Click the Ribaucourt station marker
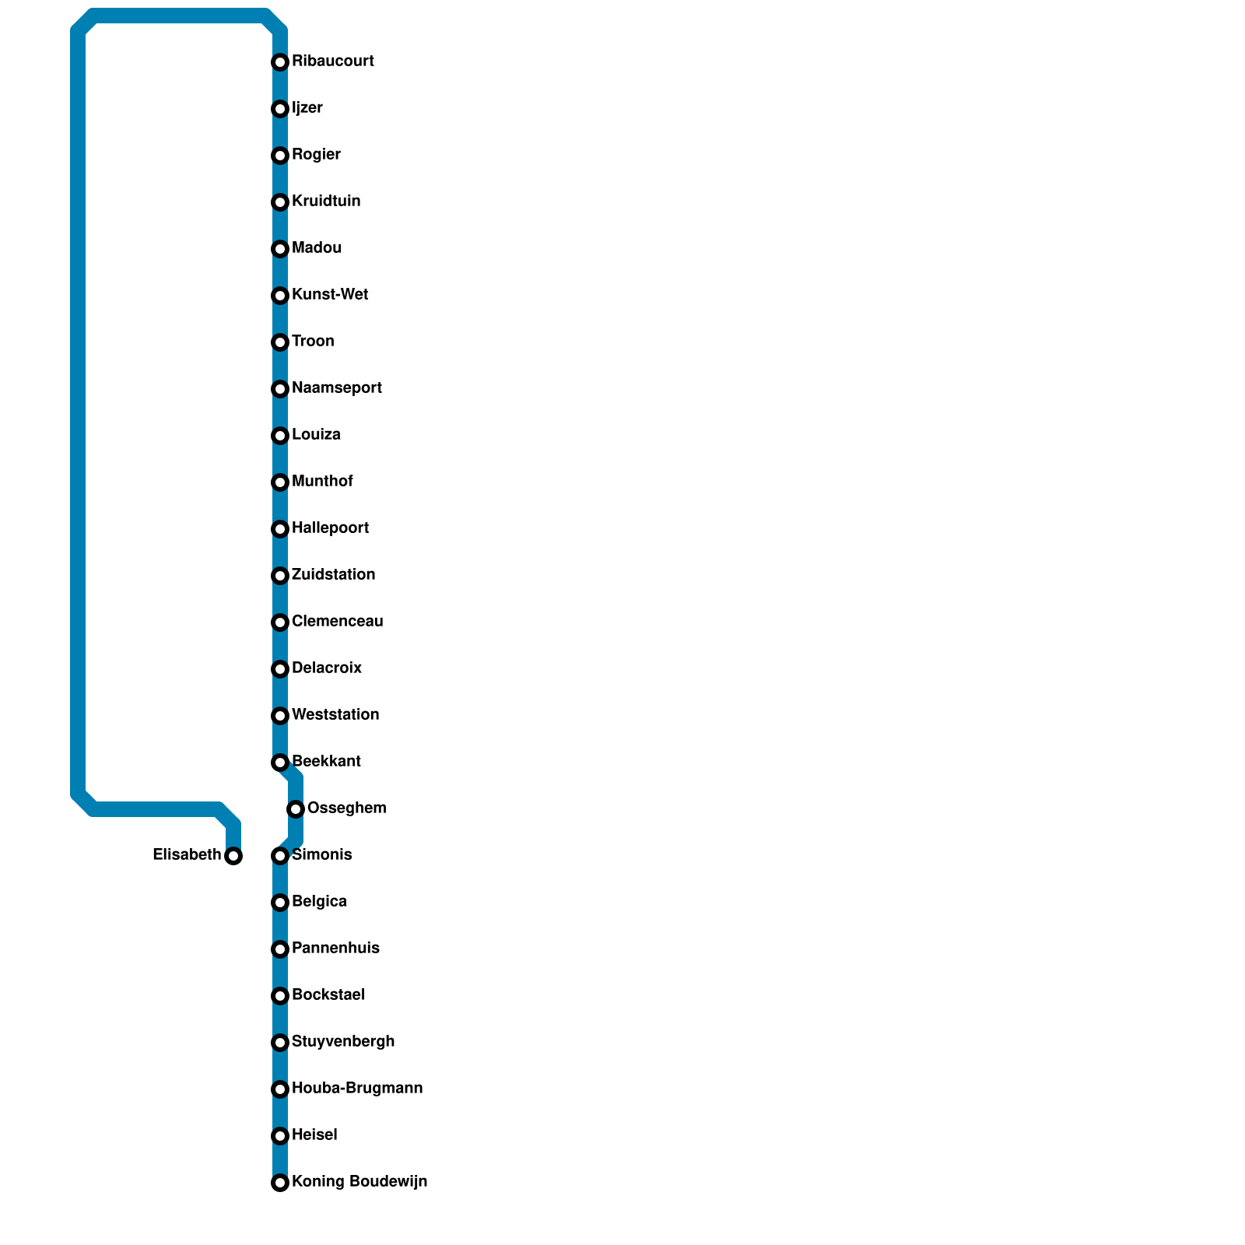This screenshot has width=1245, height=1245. click(x=280, y=62)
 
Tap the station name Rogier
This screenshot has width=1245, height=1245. click(x=316, y=155)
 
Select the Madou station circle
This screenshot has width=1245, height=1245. click(x=280, y=249)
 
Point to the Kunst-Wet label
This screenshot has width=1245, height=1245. click(x=330, y=295)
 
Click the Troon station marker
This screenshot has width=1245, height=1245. click(x=280, y=342)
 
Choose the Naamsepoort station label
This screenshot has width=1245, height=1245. click(x=336, y=388)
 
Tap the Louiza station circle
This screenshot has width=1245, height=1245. click(x=280, y=436)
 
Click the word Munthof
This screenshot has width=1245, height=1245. click(x=322, y=482)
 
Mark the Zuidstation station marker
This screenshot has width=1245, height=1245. click(x=280, y=576)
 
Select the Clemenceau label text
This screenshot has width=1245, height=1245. click(x=337, y=622)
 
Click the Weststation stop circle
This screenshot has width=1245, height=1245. click(x=280, y=716)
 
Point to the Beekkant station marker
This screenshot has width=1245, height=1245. click(x=280, y=763)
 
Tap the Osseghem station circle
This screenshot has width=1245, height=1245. click(x=296, y=809)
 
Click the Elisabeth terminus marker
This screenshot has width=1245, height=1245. click(x=233, y=856)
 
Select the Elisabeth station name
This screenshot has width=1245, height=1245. click(x=187, y=855)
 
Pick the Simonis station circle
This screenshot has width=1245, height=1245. click(x=280, y=856)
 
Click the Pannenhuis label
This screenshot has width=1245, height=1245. click(x=335, y=949)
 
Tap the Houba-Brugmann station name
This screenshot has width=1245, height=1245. click(x=357, y=1089)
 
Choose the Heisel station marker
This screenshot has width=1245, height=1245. click(x=280, y=1136)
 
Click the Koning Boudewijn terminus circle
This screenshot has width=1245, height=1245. click(x=280, y=1183)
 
